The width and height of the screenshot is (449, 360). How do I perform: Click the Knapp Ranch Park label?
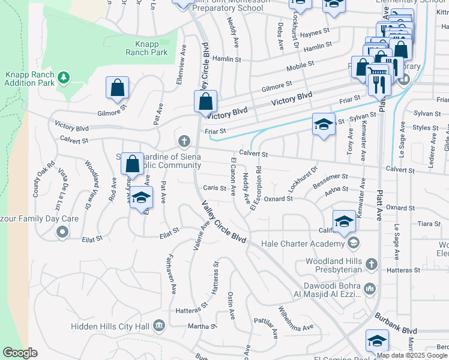[146, 48]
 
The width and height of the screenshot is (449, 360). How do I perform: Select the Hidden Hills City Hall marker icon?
[159, 326]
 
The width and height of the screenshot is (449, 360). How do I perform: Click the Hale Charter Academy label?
[306, 244]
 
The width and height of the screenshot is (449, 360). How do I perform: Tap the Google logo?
[20, 353]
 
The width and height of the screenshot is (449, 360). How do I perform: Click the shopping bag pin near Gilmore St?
[118, 88]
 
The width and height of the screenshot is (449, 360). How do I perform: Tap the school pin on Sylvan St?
[324, 125]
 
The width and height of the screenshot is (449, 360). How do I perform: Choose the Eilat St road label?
[169, 231]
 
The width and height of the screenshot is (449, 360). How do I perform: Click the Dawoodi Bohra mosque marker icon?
[370, 289]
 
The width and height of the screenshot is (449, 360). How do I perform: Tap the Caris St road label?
[214, 188]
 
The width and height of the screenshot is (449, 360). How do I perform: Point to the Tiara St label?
[429, 224]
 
